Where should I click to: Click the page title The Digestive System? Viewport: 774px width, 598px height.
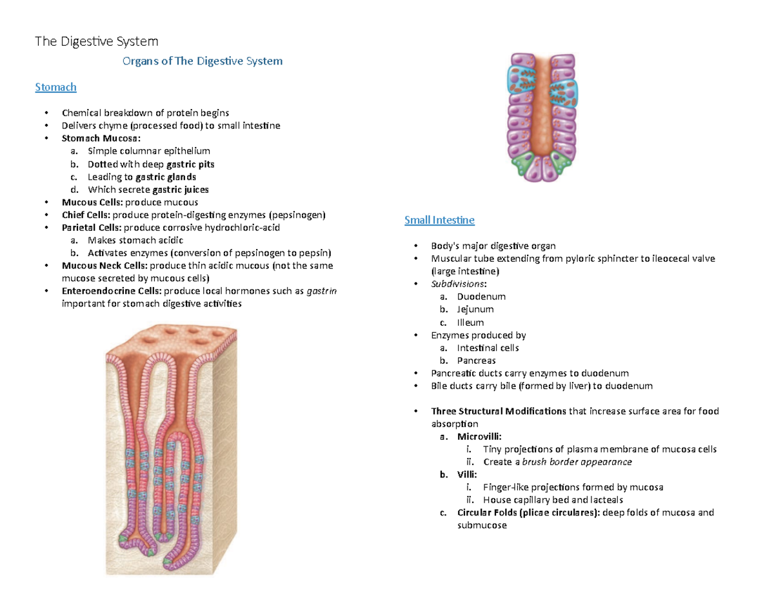[x=96, y=43]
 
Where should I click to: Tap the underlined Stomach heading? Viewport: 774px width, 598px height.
[x=55, y=86]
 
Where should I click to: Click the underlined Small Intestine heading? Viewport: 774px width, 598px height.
[x=439, y=220]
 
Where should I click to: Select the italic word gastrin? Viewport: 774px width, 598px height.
[x=321, y=291]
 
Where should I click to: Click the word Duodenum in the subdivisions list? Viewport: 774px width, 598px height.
[x=481, y=297]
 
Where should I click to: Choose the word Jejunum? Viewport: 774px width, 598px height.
[x=475, y=310]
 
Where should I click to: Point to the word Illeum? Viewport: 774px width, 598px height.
[x=470, y=323]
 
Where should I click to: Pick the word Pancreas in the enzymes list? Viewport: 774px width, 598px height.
[x=477, y=361]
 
